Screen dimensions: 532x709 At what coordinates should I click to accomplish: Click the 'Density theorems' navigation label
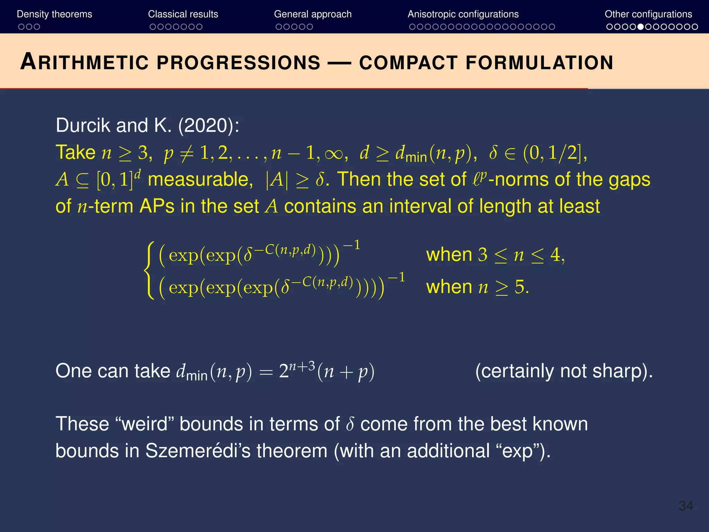[54, 14]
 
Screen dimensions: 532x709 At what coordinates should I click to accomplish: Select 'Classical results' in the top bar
[183, 14]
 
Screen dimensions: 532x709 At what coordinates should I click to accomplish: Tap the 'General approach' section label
[313, 14]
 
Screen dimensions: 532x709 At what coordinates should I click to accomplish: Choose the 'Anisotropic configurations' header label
[463, 14]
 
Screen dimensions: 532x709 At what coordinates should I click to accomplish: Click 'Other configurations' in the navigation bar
[648, 14]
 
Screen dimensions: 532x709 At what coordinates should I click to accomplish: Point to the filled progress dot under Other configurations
[641, 27]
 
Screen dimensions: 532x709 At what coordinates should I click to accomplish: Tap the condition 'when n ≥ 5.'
[477, 287]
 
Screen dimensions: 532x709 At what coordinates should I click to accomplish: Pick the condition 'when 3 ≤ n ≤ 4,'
[495, 255]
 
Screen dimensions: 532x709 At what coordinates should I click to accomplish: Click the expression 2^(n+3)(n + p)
[326, 371]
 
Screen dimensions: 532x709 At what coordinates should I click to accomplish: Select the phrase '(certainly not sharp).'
[564, 371]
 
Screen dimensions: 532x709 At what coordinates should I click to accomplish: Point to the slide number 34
[685, 506]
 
